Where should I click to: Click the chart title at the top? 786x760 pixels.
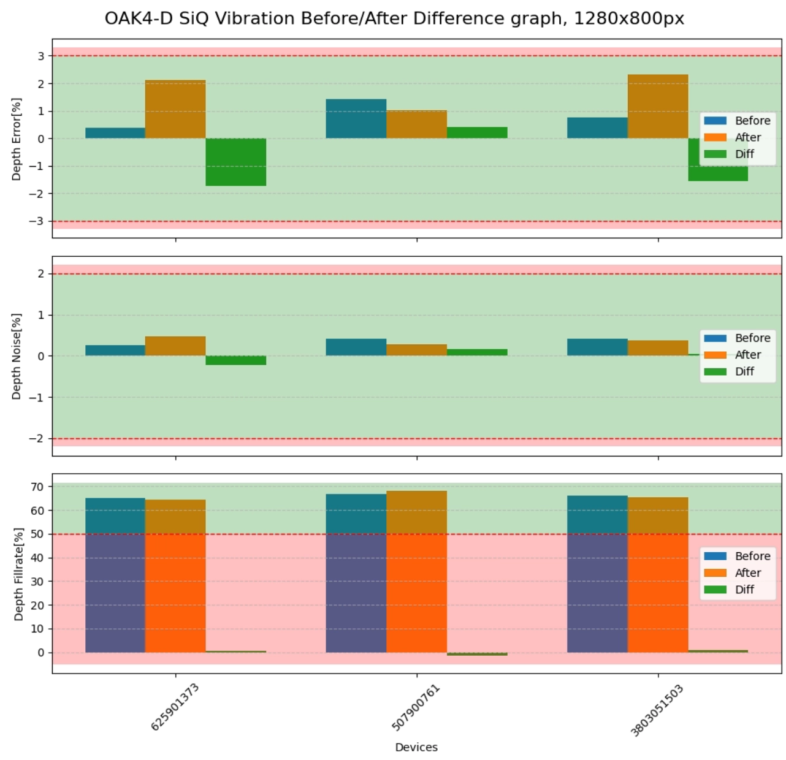[x=394, y=18]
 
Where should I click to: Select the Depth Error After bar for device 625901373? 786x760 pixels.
[x=175, y=109]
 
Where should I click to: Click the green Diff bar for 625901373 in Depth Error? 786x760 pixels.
[x=235, y=162]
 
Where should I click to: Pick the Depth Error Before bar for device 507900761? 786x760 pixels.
[x=356, y=119]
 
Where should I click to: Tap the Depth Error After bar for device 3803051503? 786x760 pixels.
[x=658, y=107]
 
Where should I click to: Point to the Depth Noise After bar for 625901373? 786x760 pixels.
[x=175, y=346]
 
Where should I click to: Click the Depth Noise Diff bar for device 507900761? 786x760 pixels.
[x=477, y=352]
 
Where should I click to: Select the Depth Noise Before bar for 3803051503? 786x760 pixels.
[x=597, y=348]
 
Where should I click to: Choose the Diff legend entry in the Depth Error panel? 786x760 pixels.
[x=744, y=154]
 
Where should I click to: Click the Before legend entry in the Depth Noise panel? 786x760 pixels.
[x=752, y=338]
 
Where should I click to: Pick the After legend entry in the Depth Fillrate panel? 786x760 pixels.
[x=747, y=572]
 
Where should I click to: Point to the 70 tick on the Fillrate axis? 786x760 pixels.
[x=37, y=487]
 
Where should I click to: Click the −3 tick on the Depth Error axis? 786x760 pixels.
[x=37, y=221]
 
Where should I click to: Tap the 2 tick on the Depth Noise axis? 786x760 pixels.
[x=41, y=274]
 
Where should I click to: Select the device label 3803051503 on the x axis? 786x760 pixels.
[x=657, y=710]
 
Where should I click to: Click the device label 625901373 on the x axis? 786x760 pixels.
[x=175, y=707]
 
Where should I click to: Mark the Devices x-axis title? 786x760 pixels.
[x=416, y=747]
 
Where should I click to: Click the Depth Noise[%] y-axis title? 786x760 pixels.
[x=17, y=356]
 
